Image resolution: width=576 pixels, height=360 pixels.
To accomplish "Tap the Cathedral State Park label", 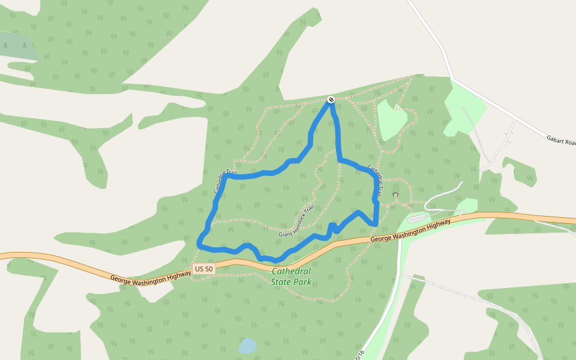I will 291,275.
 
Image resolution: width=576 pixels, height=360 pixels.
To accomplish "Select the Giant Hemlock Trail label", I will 296,221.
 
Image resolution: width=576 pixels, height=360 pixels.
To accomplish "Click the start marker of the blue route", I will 331,100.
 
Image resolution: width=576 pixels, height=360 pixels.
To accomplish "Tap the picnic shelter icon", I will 395,195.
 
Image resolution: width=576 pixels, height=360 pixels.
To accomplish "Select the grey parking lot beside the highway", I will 419,217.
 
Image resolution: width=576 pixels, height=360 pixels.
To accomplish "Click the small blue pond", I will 247,346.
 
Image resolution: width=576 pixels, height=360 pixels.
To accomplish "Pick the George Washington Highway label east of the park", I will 410,230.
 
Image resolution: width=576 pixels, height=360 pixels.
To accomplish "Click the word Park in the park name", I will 302,281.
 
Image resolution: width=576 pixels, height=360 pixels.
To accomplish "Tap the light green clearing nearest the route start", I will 391,119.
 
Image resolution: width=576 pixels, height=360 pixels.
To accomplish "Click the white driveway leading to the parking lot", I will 445,192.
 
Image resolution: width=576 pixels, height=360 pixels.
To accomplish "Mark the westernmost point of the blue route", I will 198,241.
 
